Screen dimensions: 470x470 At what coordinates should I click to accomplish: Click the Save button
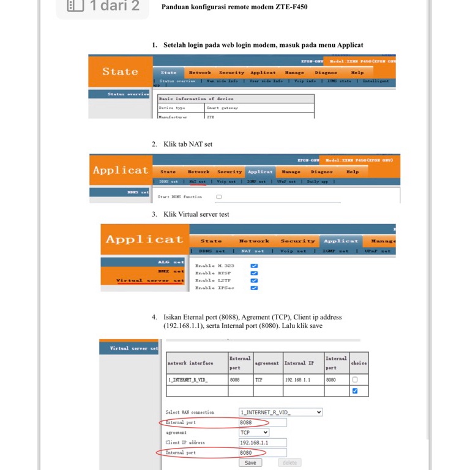[250, 463]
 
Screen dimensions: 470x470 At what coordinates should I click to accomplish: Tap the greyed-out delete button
[289, 463]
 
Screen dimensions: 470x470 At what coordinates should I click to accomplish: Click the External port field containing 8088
[263, 422]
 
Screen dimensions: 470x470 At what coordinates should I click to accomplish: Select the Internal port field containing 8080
[263, 452]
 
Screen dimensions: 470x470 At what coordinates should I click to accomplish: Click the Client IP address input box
[263, 442]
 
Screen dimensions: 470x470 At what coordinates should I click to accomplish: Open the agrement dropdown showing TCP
[254, 432]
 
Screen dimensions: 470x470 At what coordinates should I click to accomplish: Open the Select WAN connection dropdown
[280, 412]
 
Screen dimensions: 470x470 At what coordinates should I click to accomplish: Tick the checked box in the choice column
[356, 390]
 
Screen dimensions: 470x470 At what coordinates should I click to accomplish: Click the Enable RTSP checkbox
[254, 274]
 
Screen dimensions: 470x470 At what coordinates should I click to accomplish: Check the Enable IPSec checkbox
[254, 288]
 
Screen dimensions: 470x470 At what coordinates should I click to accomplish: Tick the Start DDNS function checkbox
[219, 197]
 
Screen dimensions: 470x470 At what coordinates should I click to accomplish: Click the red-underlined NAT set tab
[197, 182]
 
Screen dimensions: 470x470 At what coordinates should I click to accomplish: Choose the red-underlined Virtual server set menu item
[150, 281]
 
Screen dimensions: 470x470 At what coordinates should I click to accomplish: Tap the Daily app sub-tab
[317, 182]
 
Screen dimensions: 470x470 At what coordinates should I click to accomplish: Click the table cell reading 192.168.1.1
[297, 379]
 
